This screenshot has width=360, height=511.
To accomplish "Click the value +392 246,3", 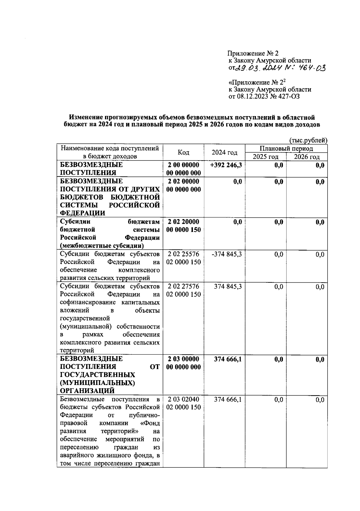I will point(226,165).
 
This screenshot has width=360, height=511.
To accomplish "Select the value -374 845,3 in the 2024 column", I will point(226,254).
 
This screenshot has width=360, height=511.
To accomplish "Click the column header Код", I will point(183,152).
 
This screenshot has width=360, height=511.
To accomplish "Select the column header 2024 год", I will point(224,152).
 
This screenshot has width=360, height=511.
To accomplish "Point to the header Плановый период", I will point(286,149).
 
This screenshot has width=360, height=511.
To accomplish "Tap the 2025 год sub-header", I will point(265,157).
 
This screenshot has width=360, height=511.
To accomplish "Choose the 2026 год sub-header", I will point(307,157).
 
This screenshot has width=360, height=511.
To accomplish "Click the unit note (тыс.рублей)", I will point(308,140).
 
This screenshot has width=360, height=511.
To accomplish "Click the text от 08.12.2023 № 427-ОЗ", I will point(264,96).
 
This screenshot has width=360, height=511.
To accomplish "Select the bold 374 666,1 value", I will point(228,359).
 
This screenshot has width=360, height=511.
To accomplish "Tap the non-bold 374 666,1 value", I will point(228,400).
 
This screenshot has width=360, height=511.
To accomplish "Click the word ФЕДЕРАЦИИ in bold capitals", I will point(82,213).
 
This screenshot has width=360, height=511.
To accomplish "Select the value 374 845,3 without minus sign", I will point(228,287).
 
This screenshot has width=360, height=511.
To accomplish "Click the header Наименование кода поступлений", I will point(110,148).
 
